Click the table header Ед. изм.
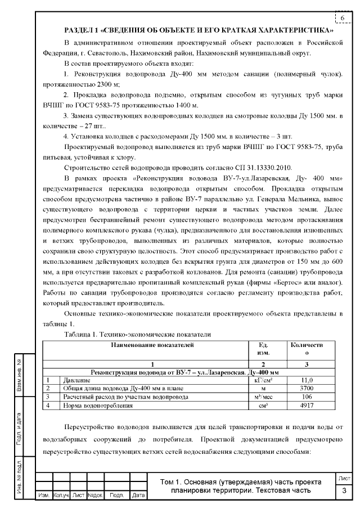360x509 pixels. pos(262,349)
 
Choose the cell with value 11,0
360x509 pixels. pos(304,380)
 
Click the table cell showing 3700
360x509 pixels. pos(304,388)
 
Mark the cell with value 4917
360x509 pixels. pos(304,405)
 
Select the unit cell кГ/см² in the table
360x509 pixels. pos(262,380)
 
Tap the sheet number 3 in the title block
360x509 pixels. pos(344,492)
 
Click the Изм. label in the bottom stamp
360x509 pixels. pos(43,496)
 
